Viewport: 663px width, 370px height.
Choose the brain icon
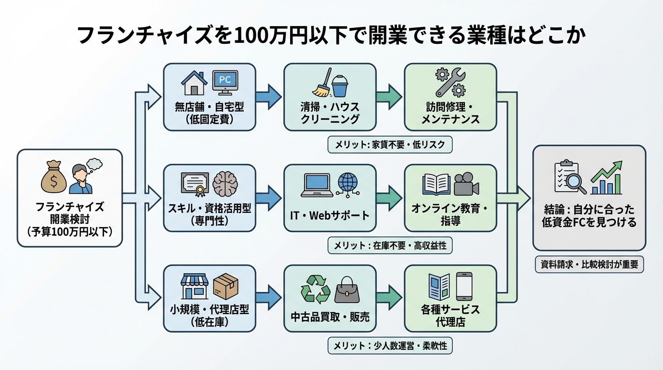coord(225,184)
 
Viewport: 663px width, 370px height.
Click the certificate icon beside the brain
coord(195,184)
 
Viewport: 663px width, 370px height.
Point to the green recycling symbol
coord(315,289)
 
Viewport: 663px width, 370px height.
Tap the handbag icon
coord(346,289)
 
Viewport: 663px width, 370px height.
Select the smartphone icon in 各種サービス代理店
coord(464,287)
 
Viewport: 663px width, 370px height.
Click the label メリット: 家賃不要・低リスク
coord(390,145)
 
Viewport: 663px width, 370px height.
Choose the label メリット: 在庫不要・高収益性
coord(390,246)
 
